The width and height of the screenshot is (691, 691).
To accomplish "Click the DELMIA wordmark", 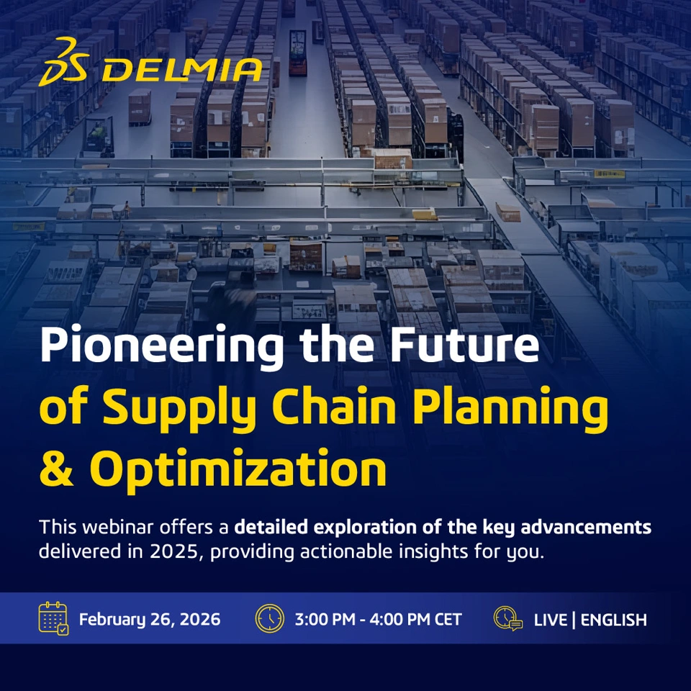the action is pos(182,70).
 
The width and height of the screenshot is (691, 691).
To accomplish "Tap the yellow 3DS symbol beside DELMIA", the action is pos(64,62).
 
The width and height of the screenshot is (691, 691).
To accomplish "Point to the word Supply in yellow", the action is pos(179,409).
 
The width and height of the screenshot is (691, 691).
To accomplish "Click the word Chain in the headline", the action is pos(333,405).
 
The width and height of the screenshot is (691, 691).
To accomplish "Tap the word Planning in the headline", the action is pos(510,409).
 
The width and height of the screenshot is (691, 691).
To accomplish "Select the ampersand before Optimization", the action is pos(56,468).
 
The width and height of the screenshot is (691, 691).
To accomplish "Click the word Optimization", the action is pos(238,471).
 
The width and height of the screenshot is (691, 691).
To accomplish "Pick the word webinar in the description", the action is pos(117,527).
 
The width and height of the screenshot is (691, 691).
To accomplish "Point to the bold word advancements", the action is pos(586,527).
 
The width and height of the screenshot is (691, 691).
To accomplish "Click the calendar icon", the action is pos(53,618).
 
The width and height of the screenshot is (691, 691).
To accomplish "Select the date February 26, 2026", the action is pos(150,620).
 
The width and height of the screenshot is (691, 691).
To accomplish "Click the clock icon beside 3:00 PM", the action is pos(270,618).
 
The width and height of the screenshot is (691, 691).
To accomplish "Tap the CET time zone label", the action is pos(448,620).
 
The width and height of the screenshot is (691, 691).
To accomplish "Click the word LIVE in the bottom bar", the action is pos(550,620).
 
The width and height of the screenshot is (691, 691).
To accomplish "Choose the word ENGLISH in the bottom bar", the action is pos(613,620).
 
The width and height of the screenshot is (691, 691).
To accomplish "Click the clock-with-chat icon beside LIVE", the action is pos(508,618).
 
